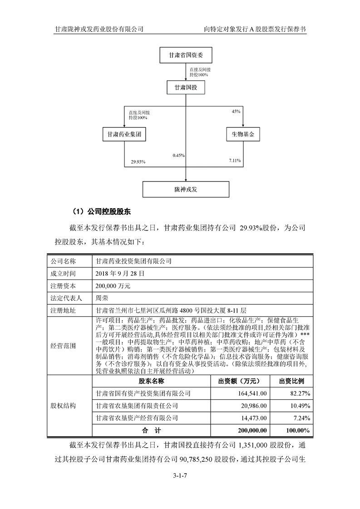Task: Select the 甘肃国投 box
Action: (186, 87)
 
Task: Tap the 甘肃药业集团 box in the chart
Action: (124, 135)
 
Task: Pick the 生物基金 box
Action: (243, 135)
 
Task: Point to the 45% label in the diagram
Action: (236, 111)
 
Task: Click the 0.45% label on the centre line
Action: (178, 155)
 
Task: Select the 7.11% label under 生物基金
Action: (235, 161)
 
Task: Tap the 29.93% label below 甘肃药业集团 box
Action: (138, 162)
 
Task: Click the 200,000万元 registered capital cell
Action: (113, 286)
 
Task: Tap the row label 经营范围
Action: (63, 346)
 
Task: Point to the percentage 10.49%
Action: (300, 405)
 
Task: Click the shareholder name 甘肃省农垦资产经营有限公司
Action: (134, 417)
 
